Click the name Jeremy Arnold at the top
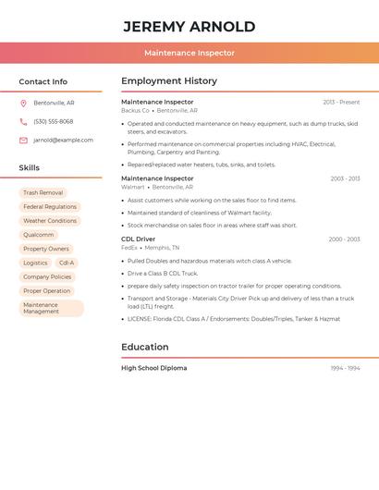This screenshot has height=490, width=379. [189, 27]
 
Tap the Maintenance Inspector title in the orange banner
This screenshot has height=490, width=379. [189, 54]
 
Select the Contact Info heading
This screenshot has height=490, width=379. [43, 81]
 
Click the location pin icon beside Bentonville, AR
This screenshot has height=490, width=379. [23, 103]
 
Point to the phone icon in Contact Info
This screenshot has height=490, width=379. [23, 121]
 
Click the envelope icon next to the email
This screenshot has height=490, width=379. [23, 141]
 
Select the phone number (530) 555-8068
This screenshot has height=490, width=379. [54, 121]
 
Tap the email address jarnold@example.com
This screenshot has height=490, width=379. [63, 141]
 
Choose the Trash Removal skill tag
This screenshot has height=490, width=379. [43, 192]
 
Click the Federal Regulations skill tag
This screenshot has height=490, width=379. [50, 207]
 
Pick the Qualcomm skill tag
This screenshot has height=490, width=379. [39, 235]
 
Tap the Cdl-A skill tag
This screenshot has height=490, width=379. [67, 263]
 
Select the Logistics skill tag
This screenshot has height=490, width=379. [35, 263]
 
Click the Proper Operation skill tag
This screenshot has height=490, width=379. [46, 290]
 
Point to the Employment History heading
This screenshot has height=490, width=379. [169, 81]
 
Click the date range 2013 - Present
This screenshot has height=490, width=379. [341, 102]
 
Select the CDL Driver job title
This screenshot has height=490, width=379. [139, 239]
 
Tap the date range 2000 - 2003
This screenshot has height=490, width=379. [344, 239]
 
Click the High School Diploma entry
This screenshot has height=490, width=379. [153, 368]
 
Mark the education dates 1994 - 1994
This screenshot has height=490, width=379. [345, 368]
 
